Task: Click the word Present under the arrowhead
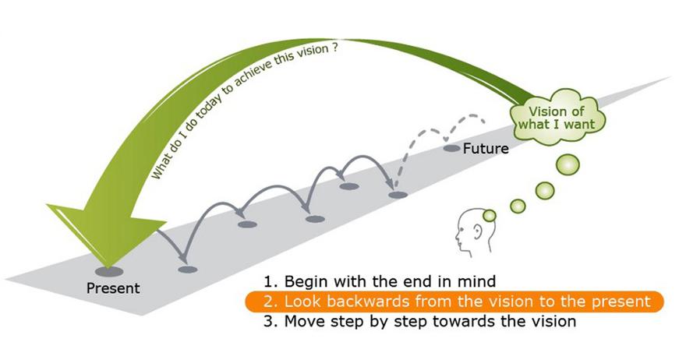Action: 113,288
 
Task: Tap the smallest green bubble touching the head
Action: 490,215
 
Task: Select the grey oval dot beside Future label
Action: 451,147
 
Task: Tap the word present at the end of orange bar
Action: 624,301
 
